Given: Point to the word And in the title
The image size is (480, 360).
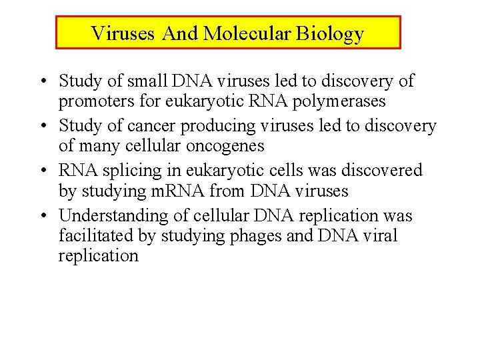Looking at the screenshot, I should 180,33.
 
